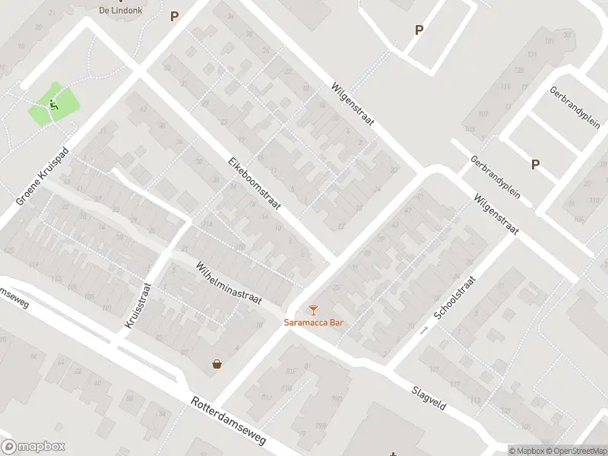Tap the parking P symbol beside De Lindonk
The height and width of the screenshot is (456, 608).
[174, 15]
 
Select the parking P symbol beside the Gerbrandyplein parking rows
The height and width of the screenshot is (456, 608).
[535, 163]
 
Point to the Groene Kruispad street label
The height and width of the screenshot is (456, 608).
[43, 176]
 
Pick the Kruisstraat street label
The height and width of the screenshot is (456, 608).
[137, 306]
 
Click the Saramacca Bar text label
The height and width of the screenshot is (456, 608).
[314, 322]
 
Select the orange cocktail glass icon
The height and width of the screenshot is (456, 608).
[313, 309]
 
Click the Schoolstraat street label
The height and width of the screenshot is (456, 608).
[454, 297]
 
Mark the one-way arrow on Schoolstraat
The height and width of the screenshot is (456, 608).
[424, 329]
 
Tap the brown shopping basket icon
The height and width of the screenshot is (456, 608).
[218, 364]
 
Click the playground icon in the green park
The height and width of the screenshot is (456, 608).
[53, 105]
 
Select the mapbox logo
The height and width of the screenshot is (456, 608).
[33, 447]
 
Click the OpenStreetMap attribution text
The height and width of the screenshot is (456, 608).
[575, 451]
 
